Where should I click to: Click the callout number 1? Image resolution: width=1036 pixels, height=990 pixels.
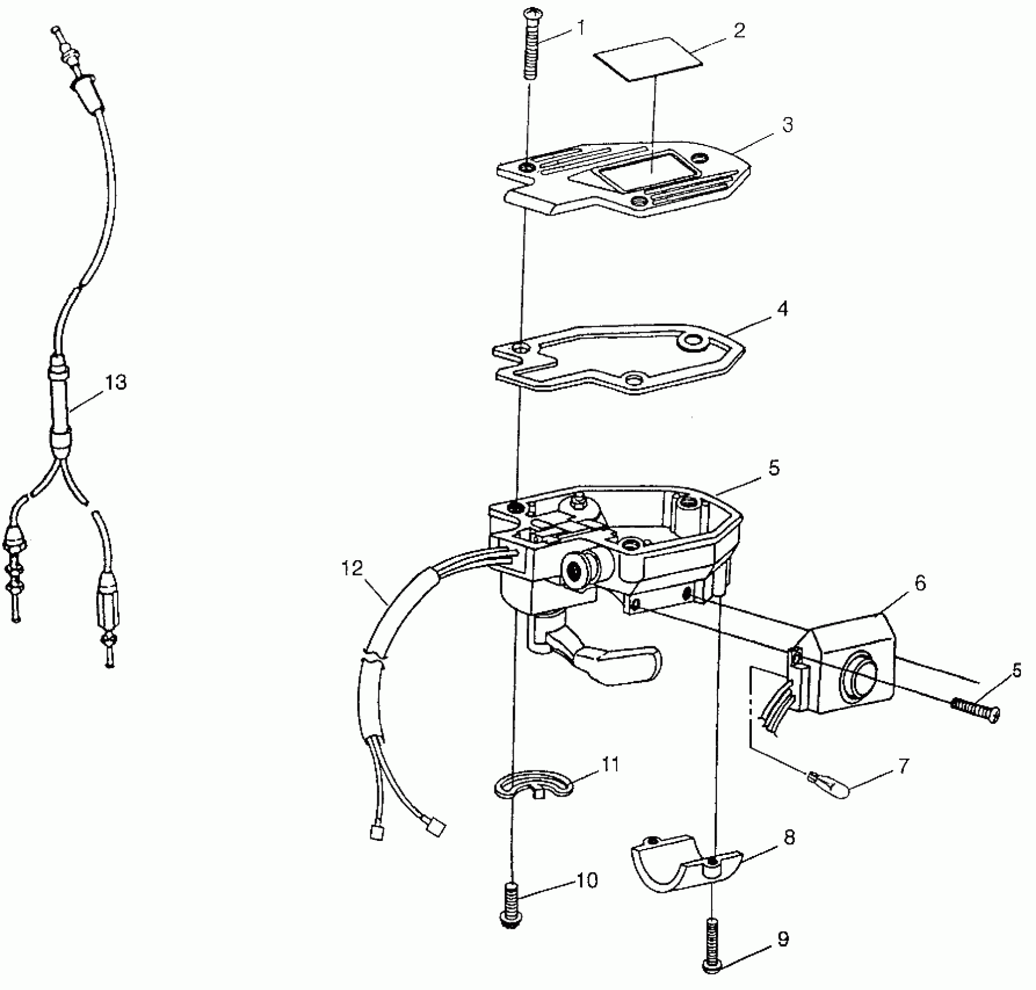(580, 27)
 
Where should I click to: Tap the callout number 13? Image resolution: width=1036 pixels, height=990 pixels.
(116, 383)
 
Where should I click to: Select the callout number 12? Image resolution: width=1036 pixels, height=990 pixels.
(353, 568)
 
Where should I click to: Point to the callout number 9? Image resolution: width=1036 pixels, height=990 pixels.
(783, 938)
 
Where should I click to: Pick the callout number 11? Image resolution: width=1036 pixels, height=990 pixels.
(610, 764)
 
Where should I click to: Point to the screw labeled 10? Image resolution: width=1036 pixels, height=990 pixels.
(511, 904)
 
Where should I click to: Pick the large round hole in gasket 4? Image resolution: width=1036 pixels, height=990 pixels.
(693, 341)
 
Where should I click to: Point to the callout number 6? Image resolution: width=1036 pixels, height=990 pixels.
(920, 583)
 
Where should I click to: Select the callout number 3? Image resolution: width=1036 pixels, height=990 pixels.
(787, 125)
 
